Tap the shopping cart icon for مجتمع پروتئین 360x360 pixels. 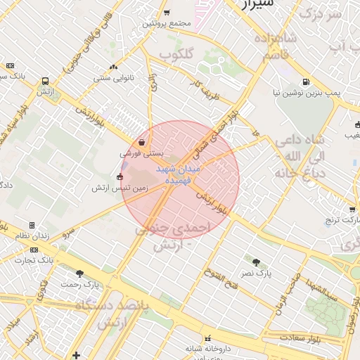tap(167, 12)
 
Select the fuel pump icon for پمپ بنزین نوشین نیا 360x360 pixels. tap(305, 82)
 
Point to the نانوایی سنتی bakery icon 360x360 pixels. tap(113, 67)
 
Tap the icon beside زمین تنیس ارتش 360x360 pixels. tap(120, 177)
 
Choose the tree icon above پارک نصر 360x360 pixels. tap(256, 262)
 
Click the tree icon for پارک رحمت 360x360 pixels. tap(79, 274)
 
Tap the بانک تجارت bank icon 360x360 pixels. tap(34, 250)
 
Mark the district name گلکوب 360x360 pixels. tap(176, 54)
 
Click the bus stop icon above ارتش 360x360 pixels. tap(46, 81)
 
